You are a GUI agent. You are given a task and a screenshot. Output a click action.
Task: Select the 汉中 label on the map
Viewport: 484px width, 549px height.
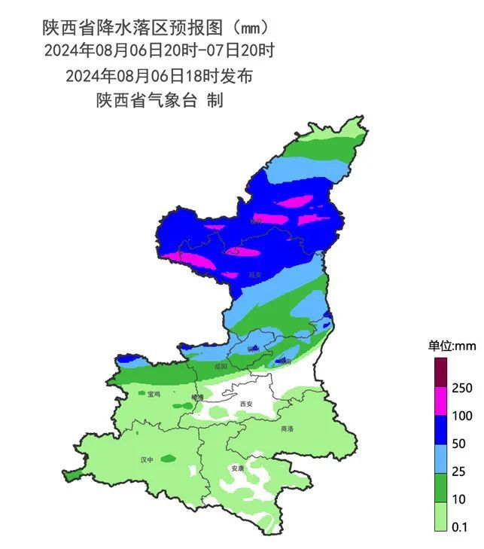click(x=148, y=459)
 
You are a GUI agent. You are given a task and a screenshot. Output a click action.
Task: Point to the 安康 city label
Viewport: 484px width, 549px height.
click(x=238, y=468)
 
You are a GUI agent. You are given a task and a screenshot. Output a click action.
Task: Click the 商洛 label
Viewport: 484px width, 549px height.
click(x=286, y=429)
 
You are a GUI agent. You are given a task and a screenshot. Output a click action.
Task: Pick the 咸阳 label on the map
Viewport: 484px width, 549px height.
click(x=221, y=367)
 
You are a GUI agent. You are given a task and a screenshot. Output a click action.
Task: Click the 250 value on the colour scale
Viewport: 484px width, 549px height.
click(x=463, y=388)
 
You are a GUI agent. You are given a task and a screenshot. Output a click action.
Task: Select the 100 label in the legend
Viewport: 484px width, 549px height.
click(x=463, y=416)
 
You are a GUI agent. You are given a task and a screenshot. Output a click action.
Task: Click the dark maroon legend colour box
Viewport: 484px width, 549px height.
click(x=440, y=373)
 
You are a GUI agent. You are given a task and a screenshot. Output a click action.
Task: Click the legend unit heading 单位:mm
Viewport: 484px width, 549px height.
click(x=453, y=346)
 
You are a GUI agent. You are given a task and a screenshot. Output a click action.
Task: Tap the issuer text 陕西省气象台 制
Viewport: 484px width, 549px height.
click(x=159, y=100)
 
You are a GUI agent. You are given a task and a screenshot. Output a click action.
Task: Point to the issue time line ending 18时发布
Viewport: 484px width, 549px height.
click(x=159, y=76)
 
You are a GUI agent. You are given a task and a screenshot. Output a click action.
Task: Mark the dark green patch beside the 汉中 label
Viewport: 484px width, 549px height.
click(x=168, y=457)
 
